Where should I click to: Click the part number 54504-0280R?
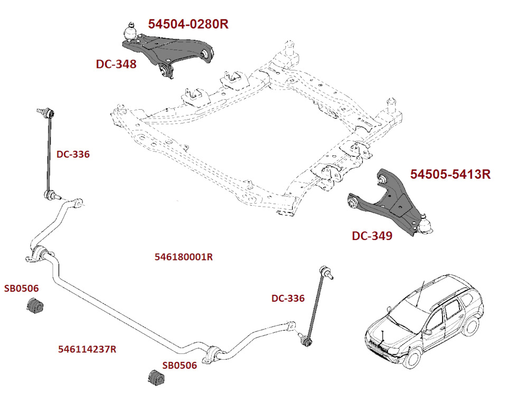coord(188,24)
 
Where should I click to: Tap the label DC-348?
coord(116,64)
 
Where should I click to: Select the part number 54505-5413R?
coord(450,174)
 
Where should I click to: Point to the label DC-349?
coord(372,236)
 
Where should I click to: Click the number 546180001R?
coord(184,257)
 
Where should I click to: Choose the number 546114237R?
coord(87,349)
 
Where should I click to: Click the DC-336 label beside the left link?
coord(73,155)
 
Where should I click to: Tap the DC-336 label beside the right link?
coord(288,298)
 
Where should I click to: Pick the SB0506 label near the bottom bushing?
coord(180,365)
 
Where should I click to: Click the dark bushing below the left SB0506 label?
coord(35,305)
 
